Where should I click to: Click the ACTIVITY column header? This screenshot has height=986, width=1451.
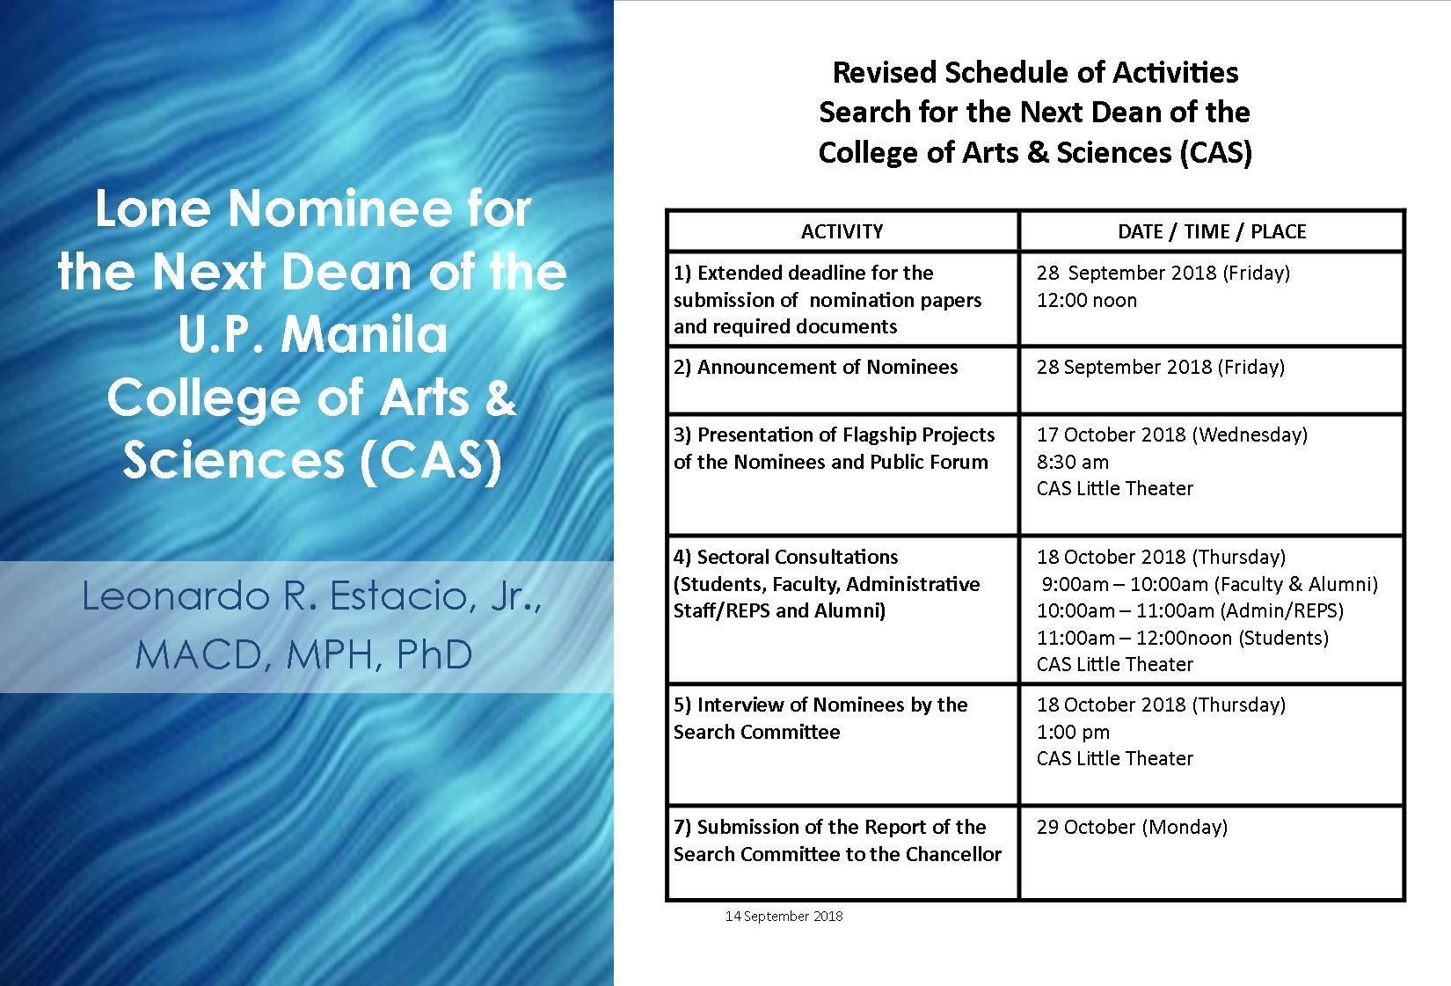(x=842, y=232)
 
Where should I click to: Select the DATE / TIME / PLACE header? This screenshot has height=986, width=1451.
(x=1211, y=232)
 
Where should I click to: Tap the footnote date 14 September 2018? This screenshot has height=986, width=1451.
(x=784, y=916)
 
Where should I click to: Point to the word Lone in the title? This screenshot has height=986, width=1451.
(x=153, y=208)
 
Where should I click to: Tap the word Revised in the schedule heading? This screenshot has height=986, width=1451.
(x=884, y=72)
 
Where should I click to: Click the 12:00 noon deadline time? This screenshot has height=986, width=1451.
(x=1086, y=301)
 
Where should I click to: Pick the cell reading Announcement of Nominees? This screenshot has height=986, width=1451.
(x=815, y=368)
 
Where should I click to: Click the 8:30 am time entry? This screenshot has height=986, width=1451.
(x=1072, y=462)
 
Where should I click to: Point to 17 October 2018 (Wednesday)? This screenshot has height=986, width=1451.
(x=1172, y=435)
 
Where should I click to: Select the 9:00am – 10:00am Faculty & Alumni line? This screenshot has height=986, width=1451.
(x=1209, y=584)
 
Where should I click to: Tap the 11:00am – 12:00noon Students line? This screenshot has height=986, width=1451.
(x=1182, y=638)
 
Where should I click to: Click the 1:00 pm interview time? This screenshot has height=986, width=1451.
(x=1073, y=732)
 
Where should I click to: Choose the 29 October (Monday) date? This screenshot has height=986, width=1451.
(x=1132, y=828)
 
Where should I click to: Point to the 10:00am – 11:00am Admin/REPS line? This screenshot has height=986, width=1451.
(x=1190, y=611)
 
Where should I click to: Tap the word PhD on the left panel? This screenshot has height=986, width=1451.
(x=434, y=654)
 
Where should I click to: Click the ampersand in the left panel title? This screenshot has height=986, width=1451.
(x=500, y=398)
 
